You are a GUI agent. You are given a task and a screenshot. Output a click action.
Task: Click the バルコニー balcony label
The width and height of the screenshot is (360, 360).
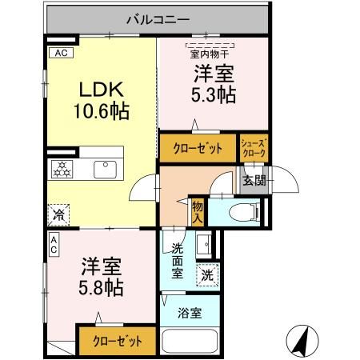pos(158,20)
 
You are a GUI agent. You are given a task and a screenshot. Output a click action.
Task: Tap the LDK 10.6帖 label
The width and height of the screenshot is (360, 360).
pos(102,100)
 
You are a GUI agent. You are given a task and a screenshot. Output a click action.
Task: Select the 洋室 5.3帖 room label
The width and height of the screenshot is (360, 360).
pos(214,84)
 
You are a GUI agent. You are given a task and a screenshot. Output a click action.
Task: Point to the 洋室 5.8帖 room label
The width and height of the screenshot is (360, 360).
pos(102,277)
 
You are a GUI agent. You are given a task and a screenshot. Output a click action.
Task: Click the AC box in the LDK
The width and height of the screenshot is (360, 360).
pos(61,53)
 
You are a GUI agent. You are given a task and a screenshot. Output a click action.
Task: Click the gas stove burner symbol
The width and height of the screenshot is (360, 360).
pos(62,169)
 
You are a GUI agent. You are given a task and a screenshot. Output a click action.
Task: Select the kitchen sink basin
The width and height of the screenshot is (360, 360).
pos(105,170)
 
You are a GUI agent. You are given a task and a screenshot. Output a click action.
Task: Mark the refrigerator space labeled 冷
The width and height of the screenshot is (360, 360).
pos(58,214)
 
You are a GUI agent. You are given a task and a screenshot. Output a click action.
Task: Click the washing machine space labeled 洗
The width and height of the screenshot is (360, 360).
pos(207,275)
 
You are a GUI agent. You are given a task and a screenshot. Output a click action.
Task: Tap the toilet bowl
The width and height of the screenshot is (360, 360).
pos(243,212)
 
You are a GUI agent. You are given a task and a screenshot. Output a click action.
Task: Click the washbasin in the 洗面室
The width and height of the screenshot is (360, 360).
pos(204,244)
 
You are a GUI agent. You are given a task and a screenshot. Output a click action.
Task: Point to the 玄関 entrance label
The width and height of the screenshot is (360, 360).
pos(254,181)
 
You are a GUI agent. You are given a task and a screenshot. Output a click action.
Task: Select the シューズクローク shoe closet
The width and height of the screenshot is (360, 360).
pos(254,148)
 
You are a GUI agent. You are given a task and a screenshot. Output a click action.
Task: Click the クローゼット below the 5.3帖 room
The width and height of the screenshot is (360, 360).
pos(198,148)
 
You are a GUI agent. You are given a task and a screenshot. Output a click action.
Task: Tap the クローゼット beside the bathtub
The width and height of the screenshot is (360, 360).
pos(118,341)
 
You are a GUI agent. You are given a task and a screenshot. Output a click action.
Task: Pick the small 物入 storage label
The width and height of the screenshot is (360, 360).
pos(198,212)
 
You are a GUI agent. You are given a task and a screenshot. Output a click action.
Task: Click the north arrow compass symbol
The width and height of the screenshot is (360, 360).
pos(302,341)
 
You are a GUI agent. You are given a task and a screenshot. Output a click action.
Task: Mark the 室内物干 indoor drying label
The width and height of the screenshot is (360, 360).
pos(210,54)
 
